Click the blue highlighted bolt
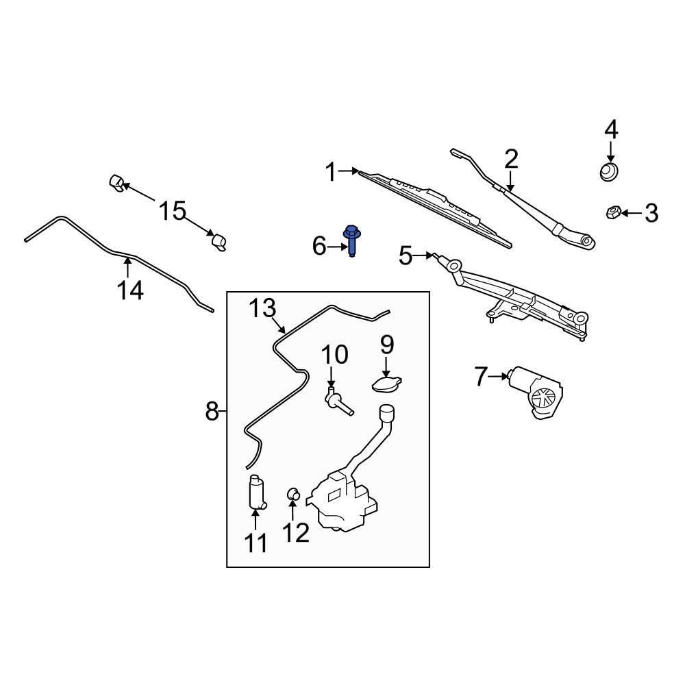[352, 240]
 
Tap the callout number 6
[320, 246]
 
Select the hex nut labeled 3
[613, 212]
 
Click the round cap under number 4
[608, 171]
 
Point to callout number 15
[173, 211]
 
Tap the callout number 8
[212, 412]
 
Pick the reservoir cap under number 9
[387, 384]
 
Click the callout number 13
[262, 308]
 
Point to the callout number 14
[129, 290]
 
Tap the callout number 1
[331, 173]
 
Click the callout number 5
[406, 256]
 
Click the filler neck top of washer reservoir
[386, 412]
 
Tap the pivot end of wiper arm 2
[584, 240]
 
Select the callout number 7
[482, 376]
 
